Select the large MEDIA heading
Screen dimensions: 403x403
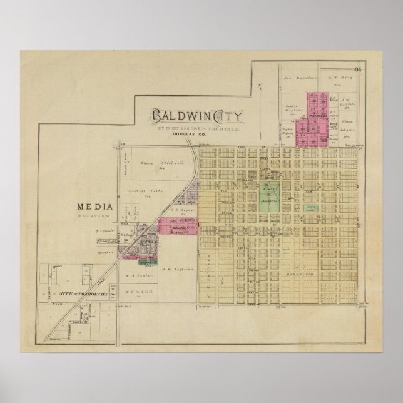[94, 207]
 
